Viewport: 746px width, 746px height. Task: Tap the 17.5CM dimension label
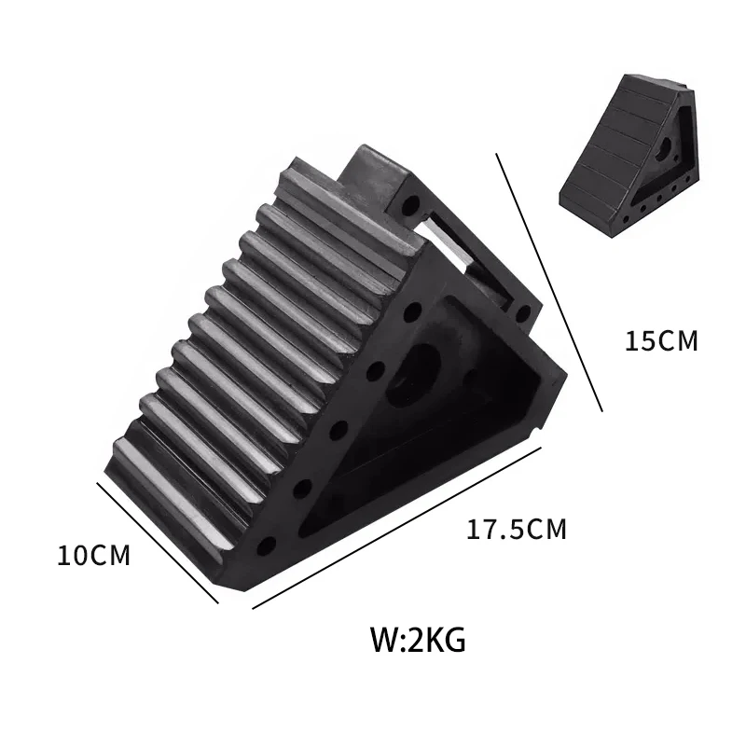pos(517,530)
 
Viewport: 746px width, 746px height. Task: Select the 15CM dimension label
pos(661,340)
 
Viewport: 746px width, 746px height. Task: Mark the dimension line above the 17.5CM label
pos(397,528)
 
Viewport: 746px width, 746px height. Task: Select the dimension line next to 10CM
pos(157,542)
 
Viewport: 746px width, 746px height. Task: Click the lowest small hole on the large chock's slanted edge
pos(268,544)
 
